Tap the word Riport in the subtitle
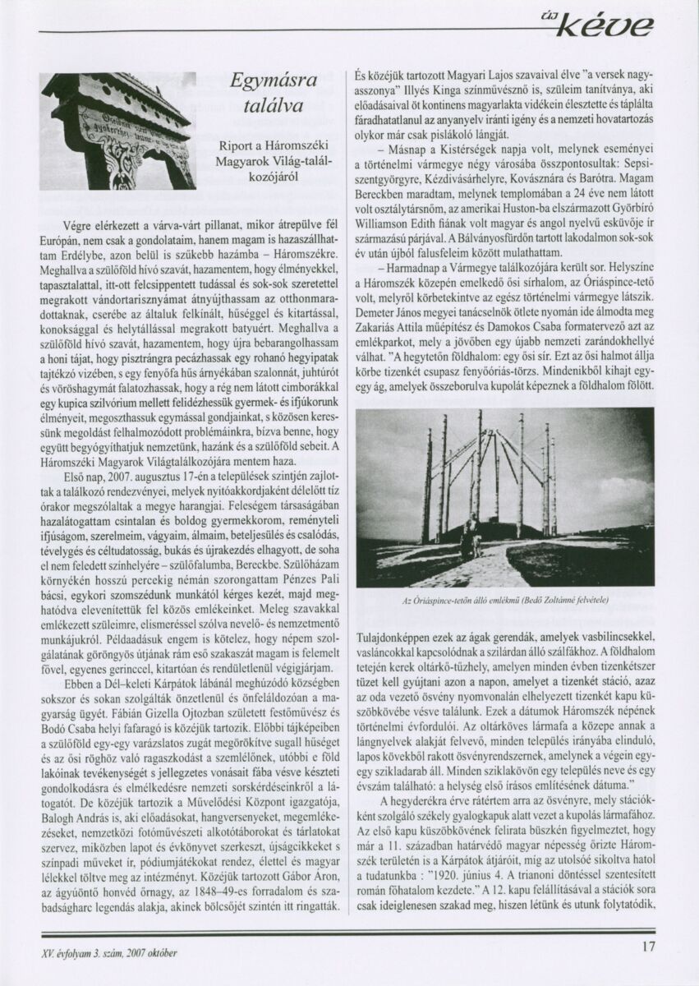point(237,145)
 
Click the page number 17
point(648,946)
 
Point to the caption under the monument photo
point(505,601)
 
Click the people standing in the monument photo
point(475,533)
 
